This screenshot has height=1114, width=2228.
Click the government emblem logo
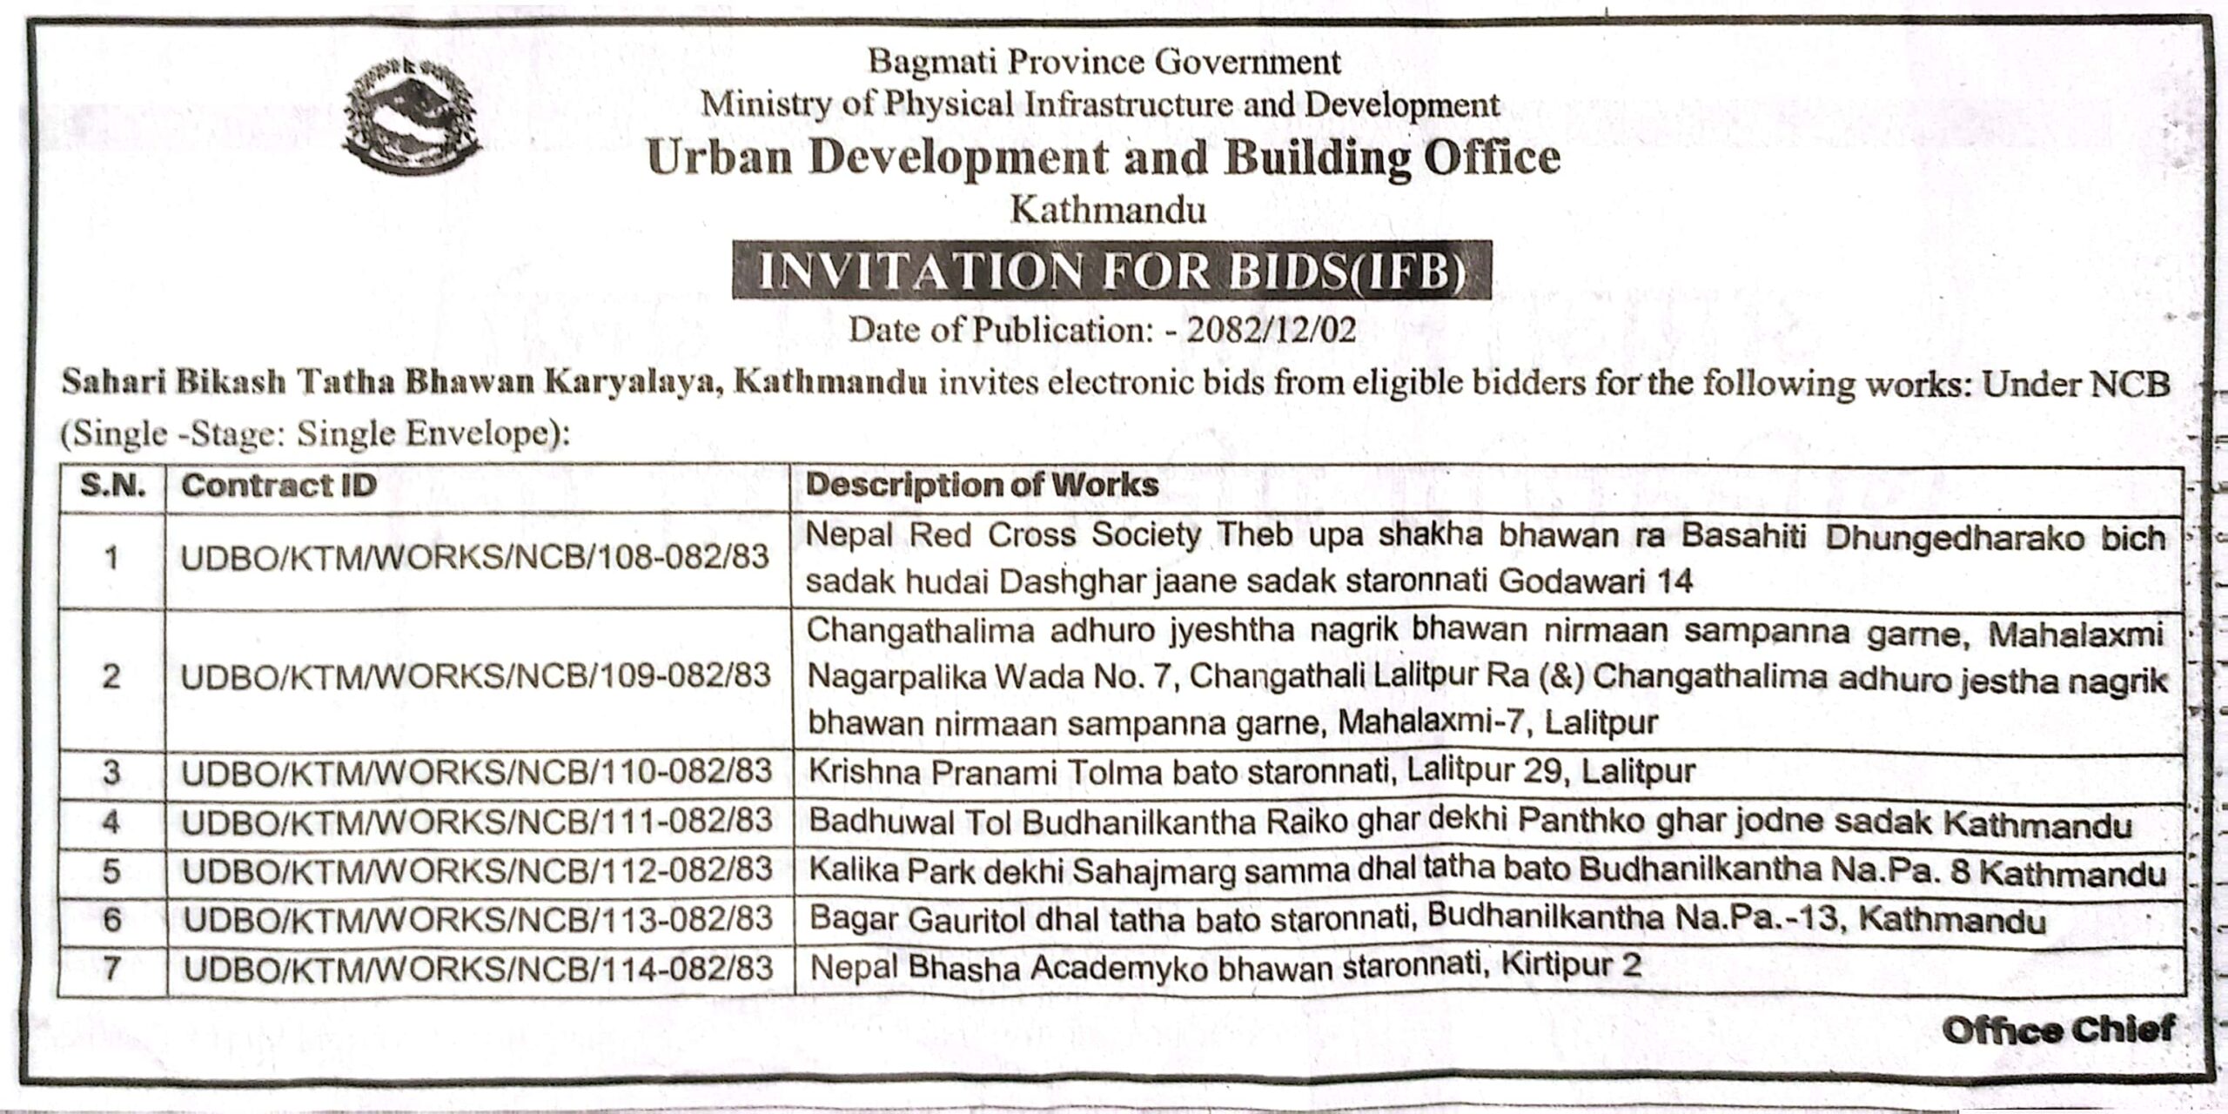pos(412,116)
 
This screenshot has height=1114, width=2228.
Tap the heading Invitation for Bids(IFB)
pos(1111,271)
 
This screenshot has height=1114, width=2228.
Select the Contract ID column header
pos(278,486)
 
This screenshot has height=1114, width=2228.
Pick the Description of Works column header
pos(982,486)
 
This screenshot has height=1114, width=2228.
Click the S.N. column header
pos(112,486)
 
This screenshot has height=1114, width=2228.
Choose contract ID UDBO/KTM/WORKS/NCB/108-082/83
pos(475,557)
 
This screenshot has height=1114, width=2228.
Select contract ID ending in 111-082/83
pos(477,821)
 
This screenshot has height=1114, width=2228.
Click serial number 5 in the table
pos(111,870)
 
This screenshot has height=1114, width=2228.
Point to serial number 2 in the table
pos(111,676)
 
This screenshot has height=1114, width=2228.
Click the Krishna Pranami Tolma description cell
pos(1252,772)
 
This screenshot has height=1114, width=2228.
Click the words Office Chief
pos(2057,1030)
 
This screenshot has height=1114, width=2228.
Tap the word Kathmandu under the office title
pos(1107,211)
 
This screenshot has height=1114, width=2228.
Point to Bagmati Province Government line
pos(1104,62)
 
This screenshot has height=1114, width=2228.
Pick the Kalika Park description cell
pos(1486,871)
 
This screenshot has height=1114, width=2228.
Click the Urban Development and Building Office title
pos(1104,158)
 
